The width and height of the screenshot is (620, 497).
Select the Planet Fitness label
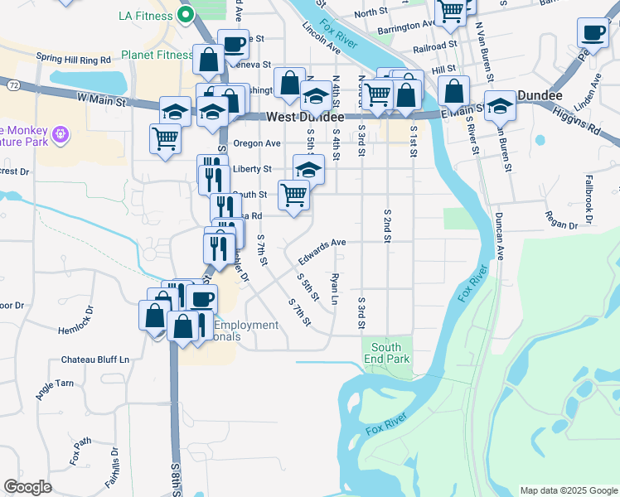point(157,55)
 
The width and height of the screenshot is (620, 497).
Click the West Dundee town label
point(300,118)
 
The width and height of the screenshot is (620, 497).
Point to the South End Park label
point(386,354)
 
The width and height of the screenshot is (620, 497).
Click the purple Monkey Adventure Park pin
point(59,134)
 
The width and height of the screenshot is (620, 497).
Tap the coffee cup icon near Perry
point(593,32)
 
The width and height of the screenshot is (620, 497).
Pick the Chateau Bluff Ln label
point(96,360)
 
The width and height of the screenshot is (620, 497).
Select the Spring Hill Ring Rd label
point(74,60)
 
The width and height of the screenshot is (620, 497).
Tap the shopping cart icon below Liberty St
point(293,195)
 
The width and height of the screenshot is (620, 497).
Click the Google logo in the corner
point(27,487)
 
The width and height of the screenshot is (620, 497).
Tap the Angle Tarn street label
point(55,389)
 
